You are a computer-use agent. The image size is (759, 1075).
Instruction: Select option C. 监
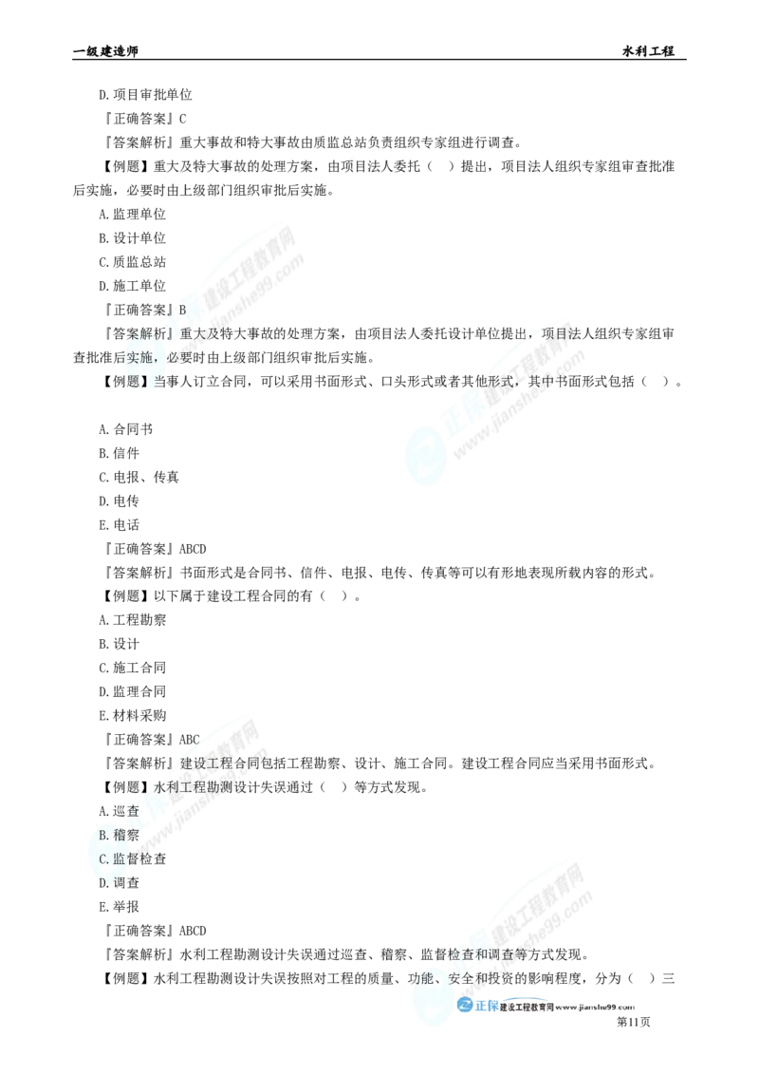[x=114, y=858]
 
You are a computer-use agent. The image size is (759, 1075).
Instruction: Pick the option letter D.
[x=103, y=880]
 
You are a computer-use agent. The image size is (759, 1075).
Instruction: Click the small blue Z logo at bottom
[x=466, y=1007]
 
